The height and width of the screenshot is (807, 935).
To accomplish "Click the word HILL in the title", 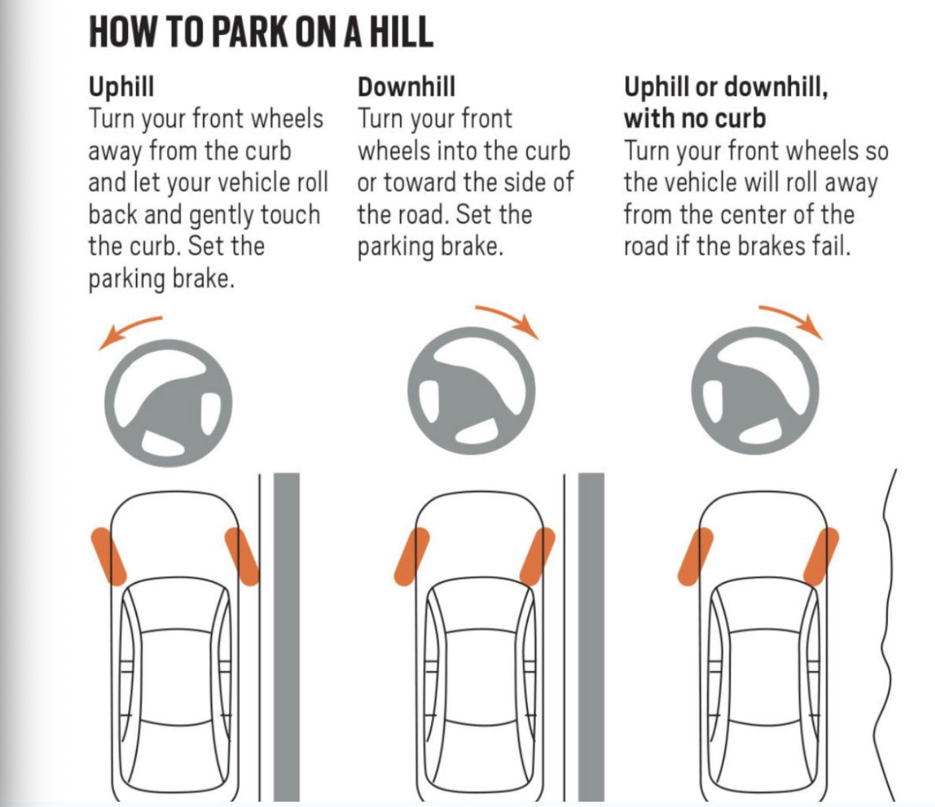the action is click(x=401, y=32).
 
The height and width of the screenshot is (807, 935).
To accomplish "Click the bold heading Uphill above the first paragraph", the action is click(x=121, y=87).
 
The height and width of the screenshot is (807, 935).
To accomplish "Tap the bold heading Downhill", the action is click(x=406, y=86).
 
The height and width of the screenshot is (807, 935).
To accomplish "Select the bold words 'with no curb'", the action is click(x=695, y=119).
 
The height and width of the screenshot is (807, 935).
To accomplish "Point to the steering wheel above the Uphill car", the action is click(x=168, y=403).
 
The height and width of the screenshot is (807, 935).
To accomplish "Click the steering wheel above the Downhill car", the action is click(x=471, y=391).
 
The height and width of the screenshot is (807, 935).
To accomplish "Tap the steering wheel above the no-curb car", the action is click(x=755, y=391).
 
